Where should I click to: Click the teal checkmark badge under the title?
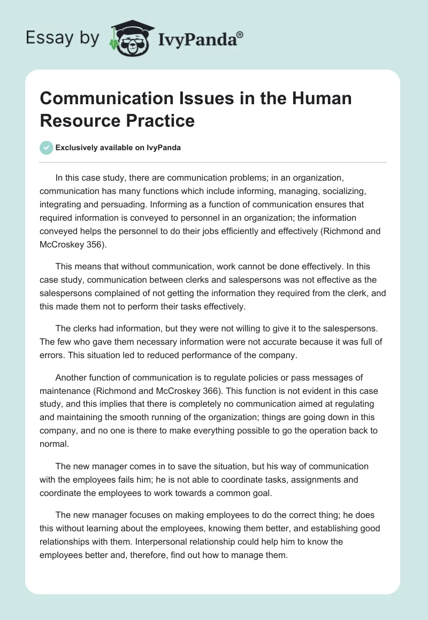[47, 148]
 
